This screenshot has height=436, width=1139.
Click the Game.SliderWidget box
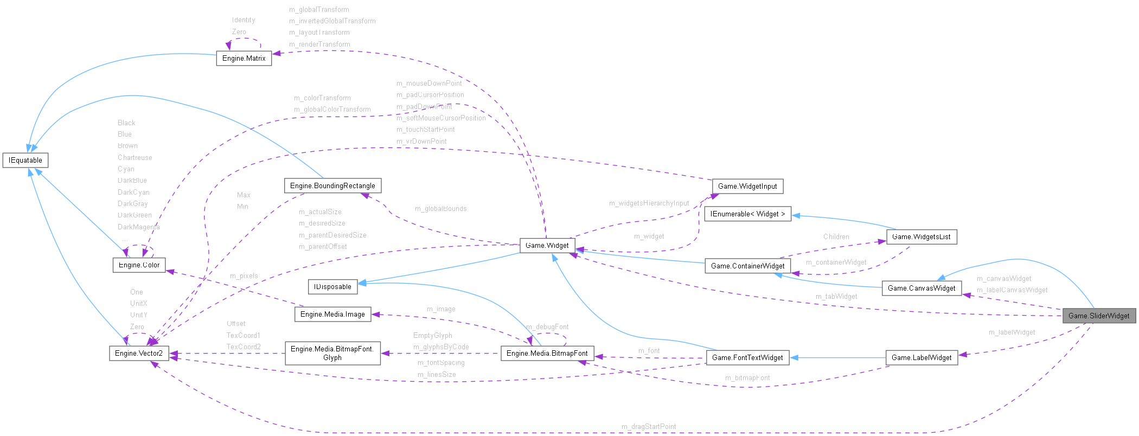[x=1099, y=316]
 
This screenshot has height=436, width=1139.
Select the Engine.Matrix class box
[x=244, y=58]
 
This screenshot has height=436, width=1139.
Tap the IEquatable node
[x=25, y=160]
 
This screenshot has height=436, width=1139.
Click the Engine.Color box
[x=139, y=265]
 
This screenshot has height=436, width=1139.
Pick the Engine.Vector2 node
[x=138, y=353]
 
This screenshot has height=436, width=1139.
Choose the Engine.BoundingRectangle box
[x=332, y=185]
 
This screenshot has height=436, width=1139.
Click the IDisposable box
[x=332, y=286]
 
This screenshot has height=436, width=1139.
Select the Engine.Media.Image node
[x=332, y=314]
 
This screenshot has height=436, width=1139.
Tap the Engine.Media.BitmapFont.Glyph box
[x=332, y=353]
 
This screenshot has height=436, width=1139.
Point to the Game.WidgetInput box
[x=747, y=186]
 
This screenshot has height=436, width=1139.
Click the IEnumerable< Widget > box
[x=747, y=214]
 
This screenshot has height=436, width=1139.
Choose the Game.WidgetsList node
[x=921, y=236]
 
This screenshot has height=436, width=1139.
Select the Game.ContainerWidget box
[x=747, y=266]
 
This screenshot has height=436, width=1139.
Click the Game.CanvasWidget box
[x=921, y=288]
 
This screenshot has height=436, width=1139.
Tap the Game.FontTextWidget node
[x=747, y=357]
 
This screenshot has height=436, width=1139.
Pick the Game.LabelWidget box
[x=921, y=357]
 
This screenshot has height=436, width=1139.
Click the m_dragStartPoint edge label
[x=648, y=426]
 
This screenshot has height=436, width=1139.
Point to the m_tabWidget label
[x=836, y=296]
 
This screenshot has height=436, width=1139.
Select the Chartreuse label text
[x=135, y=157]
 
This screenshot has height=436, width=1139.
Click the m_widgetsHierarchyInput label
[x=648, y=203]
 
